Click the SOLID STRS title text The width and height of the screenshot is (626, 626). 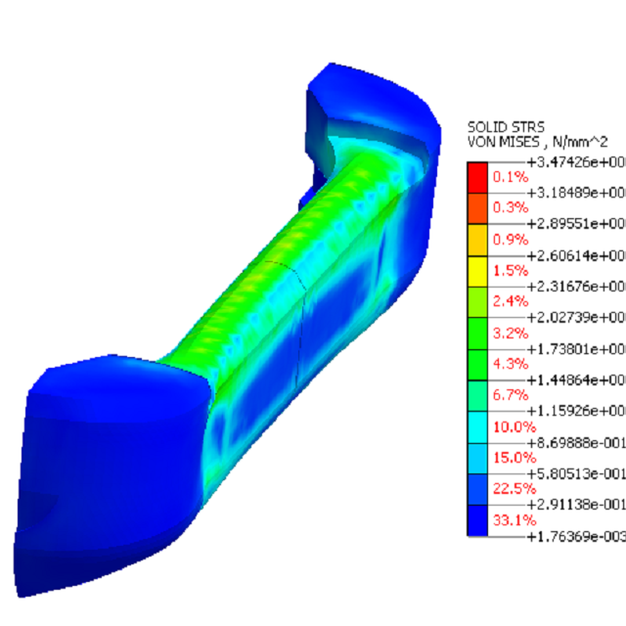(502, 127)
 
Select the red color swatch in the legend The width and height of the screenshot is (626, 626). (476, 177)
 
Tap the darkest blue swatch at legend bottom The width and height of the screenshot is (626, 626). (476, 520)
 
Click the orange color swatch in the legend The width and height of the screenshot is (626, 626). (476, 208)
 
